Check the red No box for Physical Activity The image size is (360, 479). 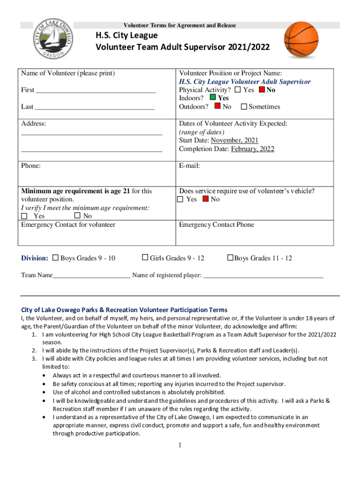point(262,90)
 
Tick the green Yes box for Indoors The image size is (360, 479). point(213,98)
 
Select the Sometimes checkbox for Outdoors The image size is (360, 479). point(244,107)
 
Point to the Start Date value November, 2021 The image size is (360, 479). point(234,140)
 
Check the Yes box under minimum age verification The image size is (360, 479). point(25,216)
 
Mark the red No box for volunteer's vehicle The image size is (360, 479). point(205,199)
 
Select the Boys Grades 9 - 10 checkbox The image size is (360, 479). point(56,258)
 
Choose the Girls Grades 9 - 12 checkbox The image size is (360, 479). point(145,258)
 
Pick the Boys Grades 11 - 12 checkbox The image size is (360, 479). point(230,258)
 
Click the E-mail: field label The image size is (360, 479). point(189,166)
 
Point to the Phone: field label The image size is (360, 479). point(31,166)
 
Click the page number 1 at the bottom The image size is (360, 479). point(179,445)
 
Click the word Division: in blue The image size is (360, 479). point(35,258)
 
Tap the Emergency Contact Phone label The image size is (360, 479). point(216,225)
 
